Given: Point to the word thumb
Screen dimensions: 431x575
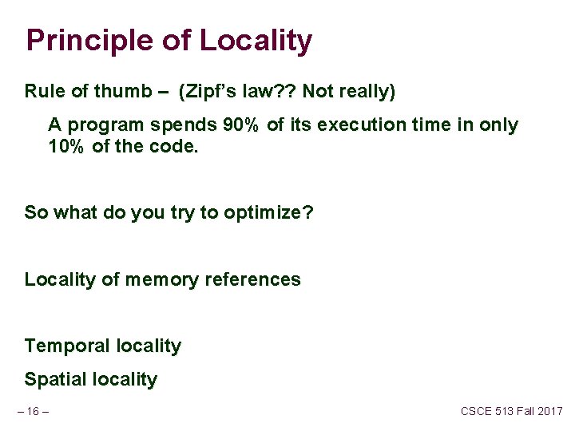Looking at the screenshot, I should click(x=120, y=92).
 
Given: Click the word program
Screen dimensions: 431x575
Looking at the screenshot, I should click(x=103, y=126).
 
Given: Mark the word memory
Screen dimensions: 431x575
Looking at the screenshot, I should click(x=162, y=279).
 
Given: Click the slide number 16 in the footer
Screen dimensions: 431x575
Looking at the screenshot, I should click(x=33, y=411).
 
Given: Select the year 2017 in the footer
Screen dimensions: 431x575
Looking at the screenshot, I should click(x=548, y=411).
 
